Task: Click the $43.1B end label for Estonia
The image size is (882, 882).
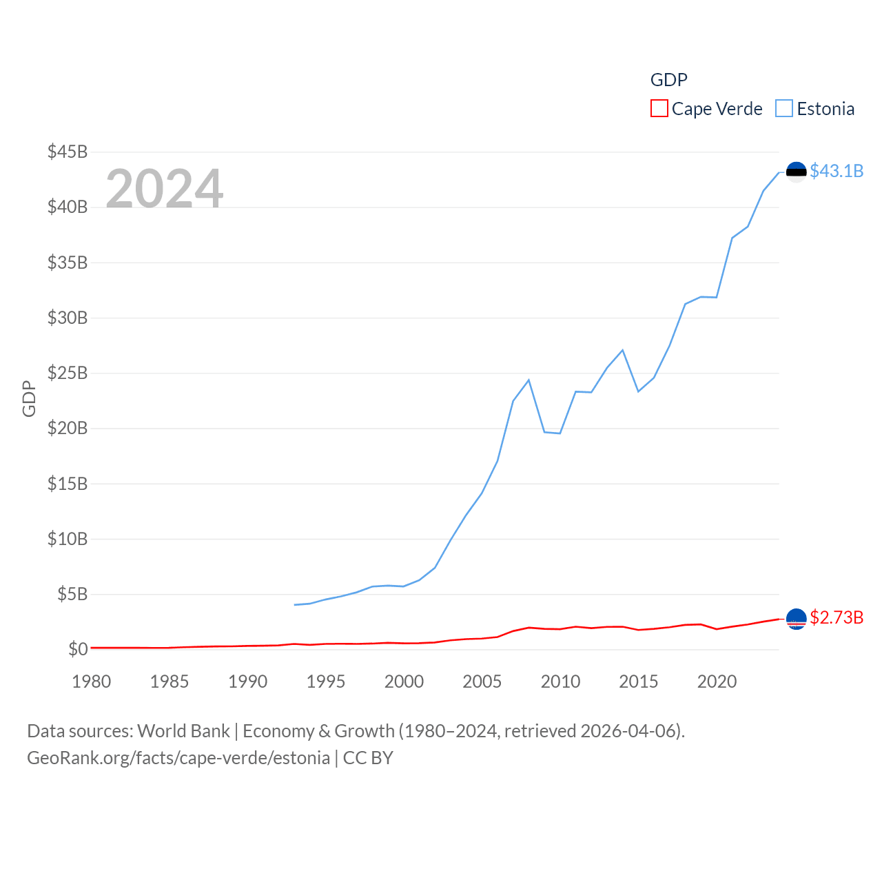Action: click(x=837, y=171)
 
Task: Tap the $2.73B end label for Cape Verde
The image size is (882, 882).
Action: click(x=837, y=617)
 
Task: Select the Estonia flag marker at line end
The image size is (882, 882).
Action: click(x=796, y=172)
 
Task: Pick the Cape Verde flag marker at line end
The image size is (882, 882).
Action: click(x=796, y=619)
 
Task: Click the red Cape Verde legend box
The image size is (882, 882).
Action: click(x=659, y=109)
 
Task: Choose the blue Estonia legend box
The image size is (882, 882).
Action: click(x=784, y=109)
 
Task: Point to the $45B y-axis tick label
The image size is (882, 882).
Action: click(x=68, y=152)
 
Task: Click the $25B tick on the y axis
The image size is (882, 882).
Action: click(x=68, y=373)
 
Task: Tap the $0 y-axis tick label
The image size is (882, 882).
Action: click(x=78, y=649)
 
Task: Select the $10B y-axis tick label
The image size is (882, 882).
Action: click(x=68, y=539)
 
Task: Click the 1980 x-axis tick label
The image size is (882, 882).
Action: click(x=92, y=681)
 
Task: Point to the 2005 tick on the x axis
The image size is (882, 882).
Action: click(x=482, y=681)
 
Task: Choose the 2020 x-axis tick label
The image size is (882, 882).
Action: click(x=717, y=681)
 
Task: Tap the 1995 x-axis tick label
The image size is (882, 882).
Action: click(x=326, y=681)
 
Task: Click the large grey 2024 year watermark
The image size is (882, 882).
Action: click(x=165, y=189)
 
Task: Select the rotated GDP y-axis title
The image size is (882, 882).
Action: click(x=29, y=398)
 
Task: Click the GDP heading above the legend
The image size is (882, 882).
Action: click(x=668, y=80)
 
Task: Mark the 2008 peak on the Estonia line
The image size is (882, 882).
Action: click(x=529, y=380)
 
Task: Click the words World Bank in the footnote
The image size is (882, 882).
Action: click(x=183, y=730)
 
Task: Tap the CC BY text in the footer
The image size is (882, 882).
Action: click(x=368, y=758)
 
